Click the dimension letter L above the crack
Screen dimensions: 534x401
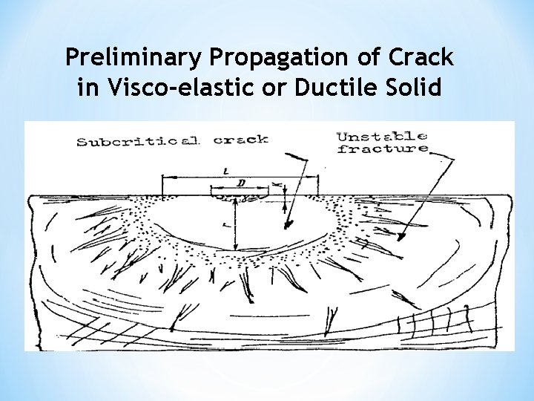tap(225, 171)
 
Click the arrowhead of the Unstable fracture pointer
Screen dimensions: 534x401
tap(401, 238)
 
